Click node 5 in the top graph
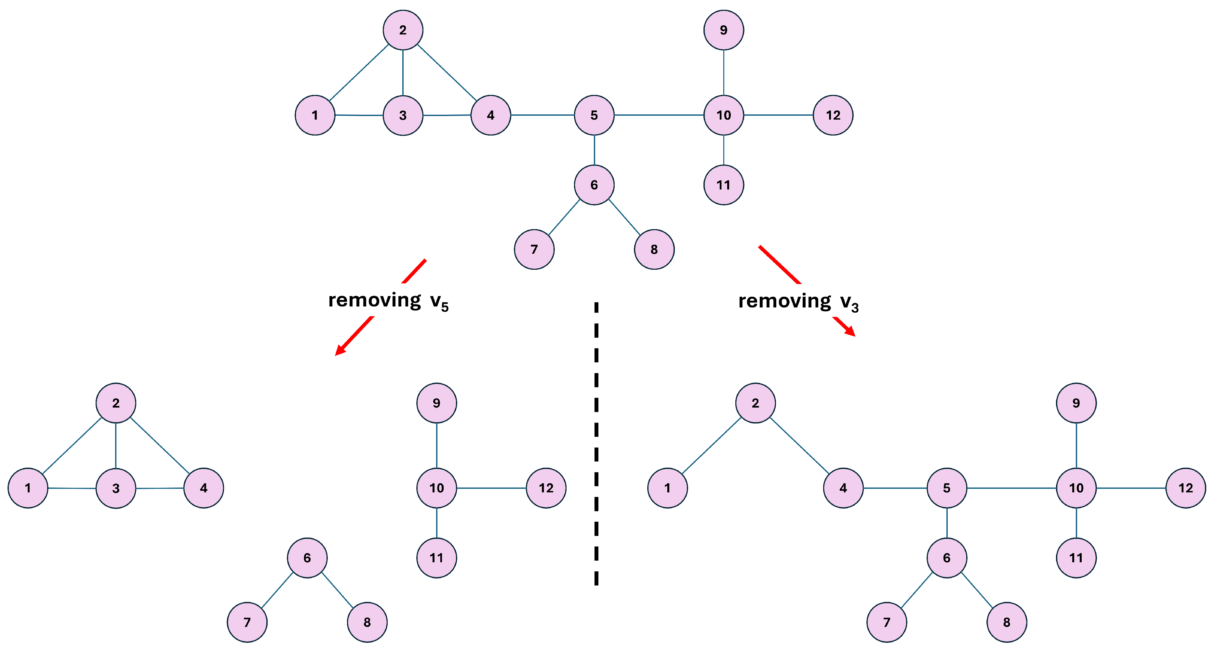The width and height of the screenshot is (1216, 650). click(x=594, y=115)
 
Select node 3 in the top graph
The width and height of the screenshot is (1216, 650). click(x=403, y=115)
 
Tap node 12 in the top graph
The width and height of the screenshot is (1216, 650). click(x=833, y=115)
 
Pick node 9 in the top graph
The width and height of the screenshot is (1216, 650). click(x=723, y=30)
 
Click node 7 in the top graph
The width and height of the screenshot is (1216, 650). click(x=534, y=249)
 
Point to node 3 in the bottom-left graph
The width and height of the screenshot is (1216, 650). click(x=116, y=488)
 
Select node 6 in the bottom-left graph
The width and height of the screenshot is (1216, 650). click(x=307, y=558)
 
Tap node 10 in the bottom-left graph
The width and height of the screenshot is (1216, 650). click(x=436, y=488)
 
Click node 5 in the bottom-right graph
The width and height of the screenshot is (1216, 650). click(x=946, y=488)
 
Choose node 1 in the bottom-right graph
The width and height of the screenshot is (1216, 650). click(x=667, y=488)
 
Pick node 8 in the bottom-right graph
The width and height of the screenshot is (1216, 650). click(x=1007, y=622)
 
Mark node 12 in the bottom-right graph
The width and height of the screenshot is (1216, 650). click(x=1185, y=488)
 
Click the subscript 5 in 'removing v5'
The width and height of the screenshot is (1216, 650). click(x=445, y=307)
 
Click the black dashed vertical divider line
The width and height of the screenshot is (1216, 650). click(x=596, y=443)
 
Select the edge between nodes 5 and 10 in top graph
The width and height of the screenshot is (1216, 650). click(x=659, y=115)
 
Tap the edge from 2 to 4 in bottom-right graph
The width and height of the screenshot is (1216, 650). click(x=799, y=445)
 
